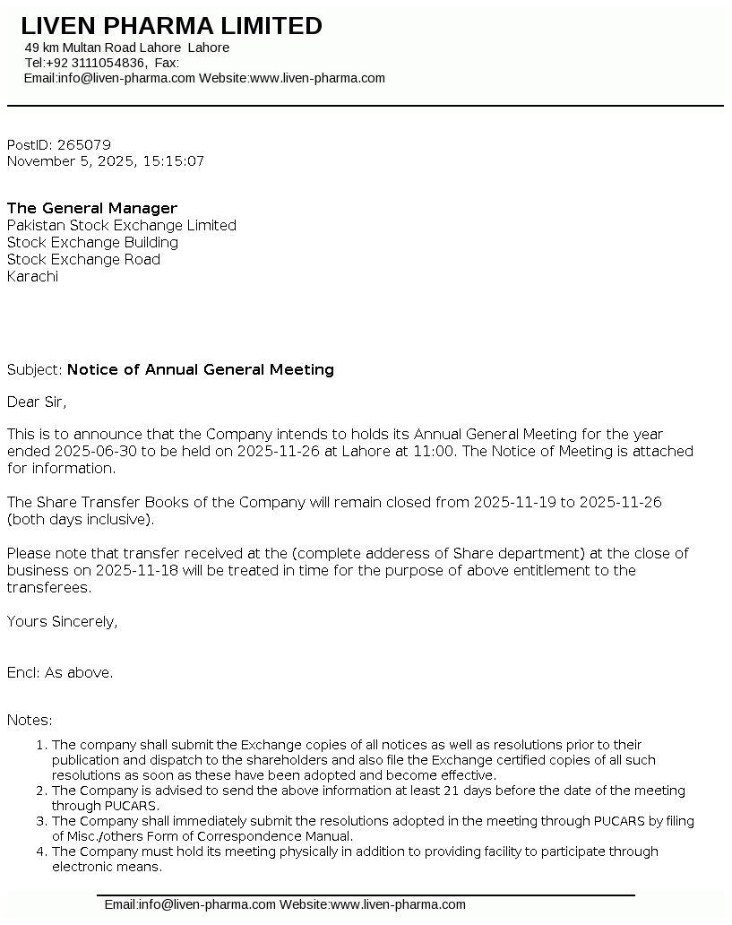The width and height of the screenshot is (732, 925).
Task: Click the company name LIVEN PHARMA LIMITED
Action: [x=171, y=26]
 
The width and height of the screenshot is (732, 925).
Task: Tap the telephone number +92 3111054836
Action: [x=95, y=63]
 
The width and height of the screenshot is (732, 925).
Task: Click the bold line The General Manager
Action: [x=92, y=208]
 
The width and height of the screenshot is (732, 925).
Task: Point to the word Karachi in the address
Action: [x=32, y=276]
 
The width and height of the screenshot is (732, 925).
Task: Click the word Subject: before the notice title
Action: [x=34, y=369]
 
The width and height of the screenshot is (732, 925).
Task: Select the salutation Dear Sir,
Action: [x=37, y=402]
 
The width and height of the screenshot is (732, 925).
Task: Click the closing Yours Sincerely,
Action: [x=62, y=621]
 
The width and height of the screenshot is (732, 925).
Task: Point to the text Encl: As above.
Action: [x=60, y=672]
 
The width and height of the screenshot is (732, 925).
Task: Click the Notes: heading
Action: [x=30, y=720]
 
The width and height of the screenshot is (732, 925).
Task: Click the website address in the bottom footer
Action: [x=399, y=904]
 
